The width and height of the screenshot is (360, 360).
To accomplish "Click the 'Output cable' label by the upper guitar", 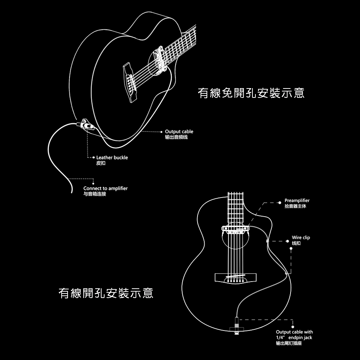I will tap(179, 132).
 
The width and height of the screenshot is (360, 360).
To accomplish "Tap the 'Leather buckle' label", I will tap(112, 158).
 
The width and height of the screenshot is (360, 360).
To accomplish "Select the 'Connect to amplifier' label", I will tap(105, 189).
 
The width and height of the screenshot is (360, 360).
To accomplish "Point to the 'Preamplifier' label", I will tap(297, 201).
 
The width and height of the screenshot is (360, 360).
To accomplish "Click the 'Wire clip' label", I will tap(301, 238).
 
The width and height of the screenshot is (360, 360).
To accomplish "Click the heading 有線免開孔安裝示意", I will tap(251, 93).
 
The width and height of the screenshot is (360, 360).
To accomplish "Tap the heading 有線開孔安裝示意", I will tap(106, 293).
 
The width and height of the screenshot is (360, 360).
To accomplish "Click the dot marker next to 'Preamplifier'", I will tap(280, 202).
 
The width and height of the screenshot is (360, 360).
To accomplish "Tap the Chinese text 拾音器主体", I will tap(295, 207).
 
